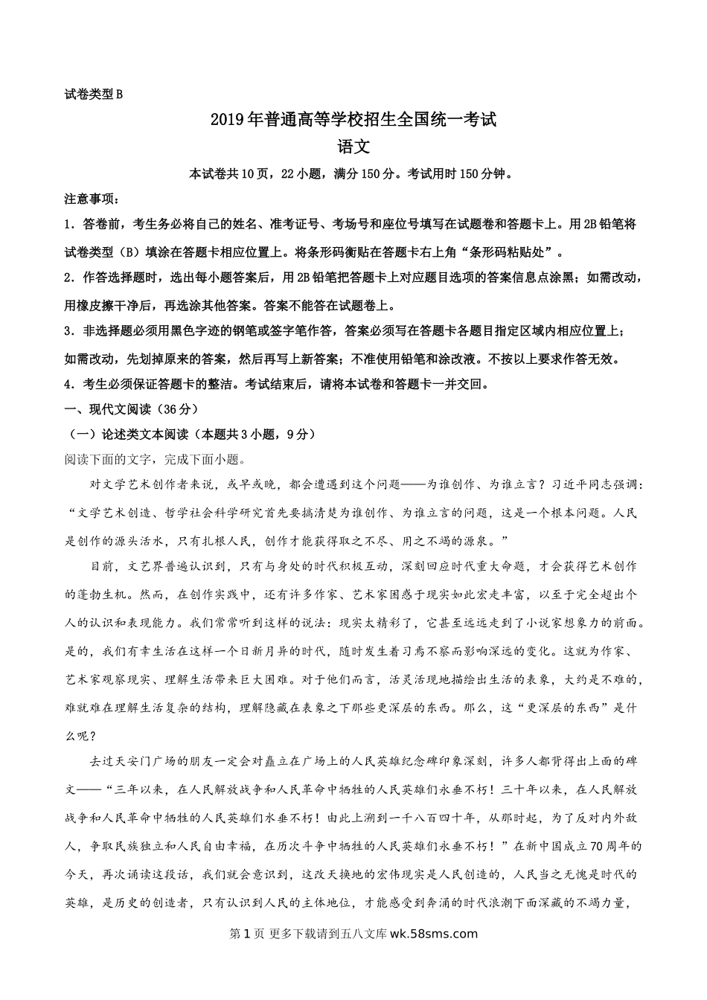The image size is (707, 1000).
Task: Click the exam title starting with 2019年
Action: tap(353, 119)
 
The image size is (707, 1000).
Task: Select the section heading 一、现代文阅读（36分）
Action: tap(132, 409)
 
